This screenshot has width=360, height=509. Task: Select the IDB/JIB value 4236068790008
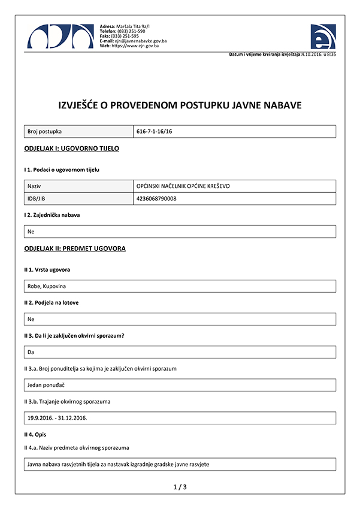[x=156, y=198]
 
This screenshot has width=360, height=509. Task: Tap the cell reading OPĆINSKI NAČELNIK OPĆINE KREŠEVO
[x=183, y=186]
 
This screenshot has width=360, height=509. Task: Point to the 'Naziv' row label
[x=34, y=186]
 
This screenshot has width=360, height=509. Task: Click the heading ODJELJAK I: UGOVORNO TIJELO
[x=71, y=148]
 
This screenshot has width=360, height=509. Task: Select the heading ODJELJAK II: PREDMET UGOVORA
[x=75, y=248]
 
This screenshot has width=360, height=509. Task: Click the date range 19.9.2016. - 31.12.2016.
[x=58, y=417]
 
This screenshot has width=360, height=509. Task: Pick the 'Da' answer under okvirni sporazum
[x=31, y=352]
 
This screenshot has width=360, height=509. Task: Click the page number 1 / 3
[x=180, y=487]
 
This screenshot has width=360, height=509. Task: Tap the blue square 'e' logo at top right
[x=323, y=37]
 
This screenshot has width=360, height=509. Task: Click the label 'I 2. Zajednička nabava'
[x=52, y=214]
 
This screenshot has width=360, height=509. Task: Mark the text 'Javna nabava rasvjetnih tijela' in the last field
[x=66, y=464]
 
